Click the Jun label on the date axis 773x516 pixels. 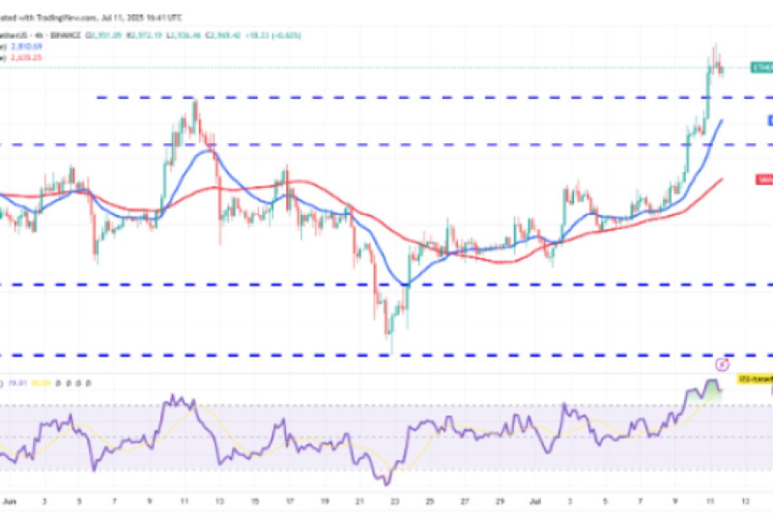8,501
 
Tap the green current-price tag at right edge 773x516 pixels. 762,67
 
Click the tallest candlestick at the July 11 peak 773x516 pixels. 714,46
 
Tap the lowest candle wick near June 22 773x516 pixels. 391,352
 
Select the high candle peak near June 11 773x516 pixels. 195,102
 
